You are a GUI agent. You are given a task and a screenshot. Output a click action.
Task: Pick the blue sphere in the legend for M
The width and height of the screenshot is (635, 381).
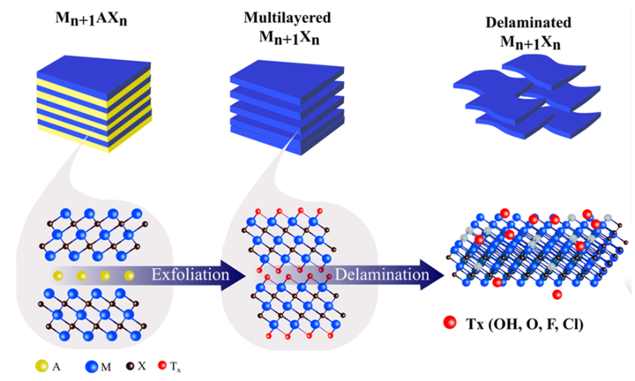click(x=91, y=362)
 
